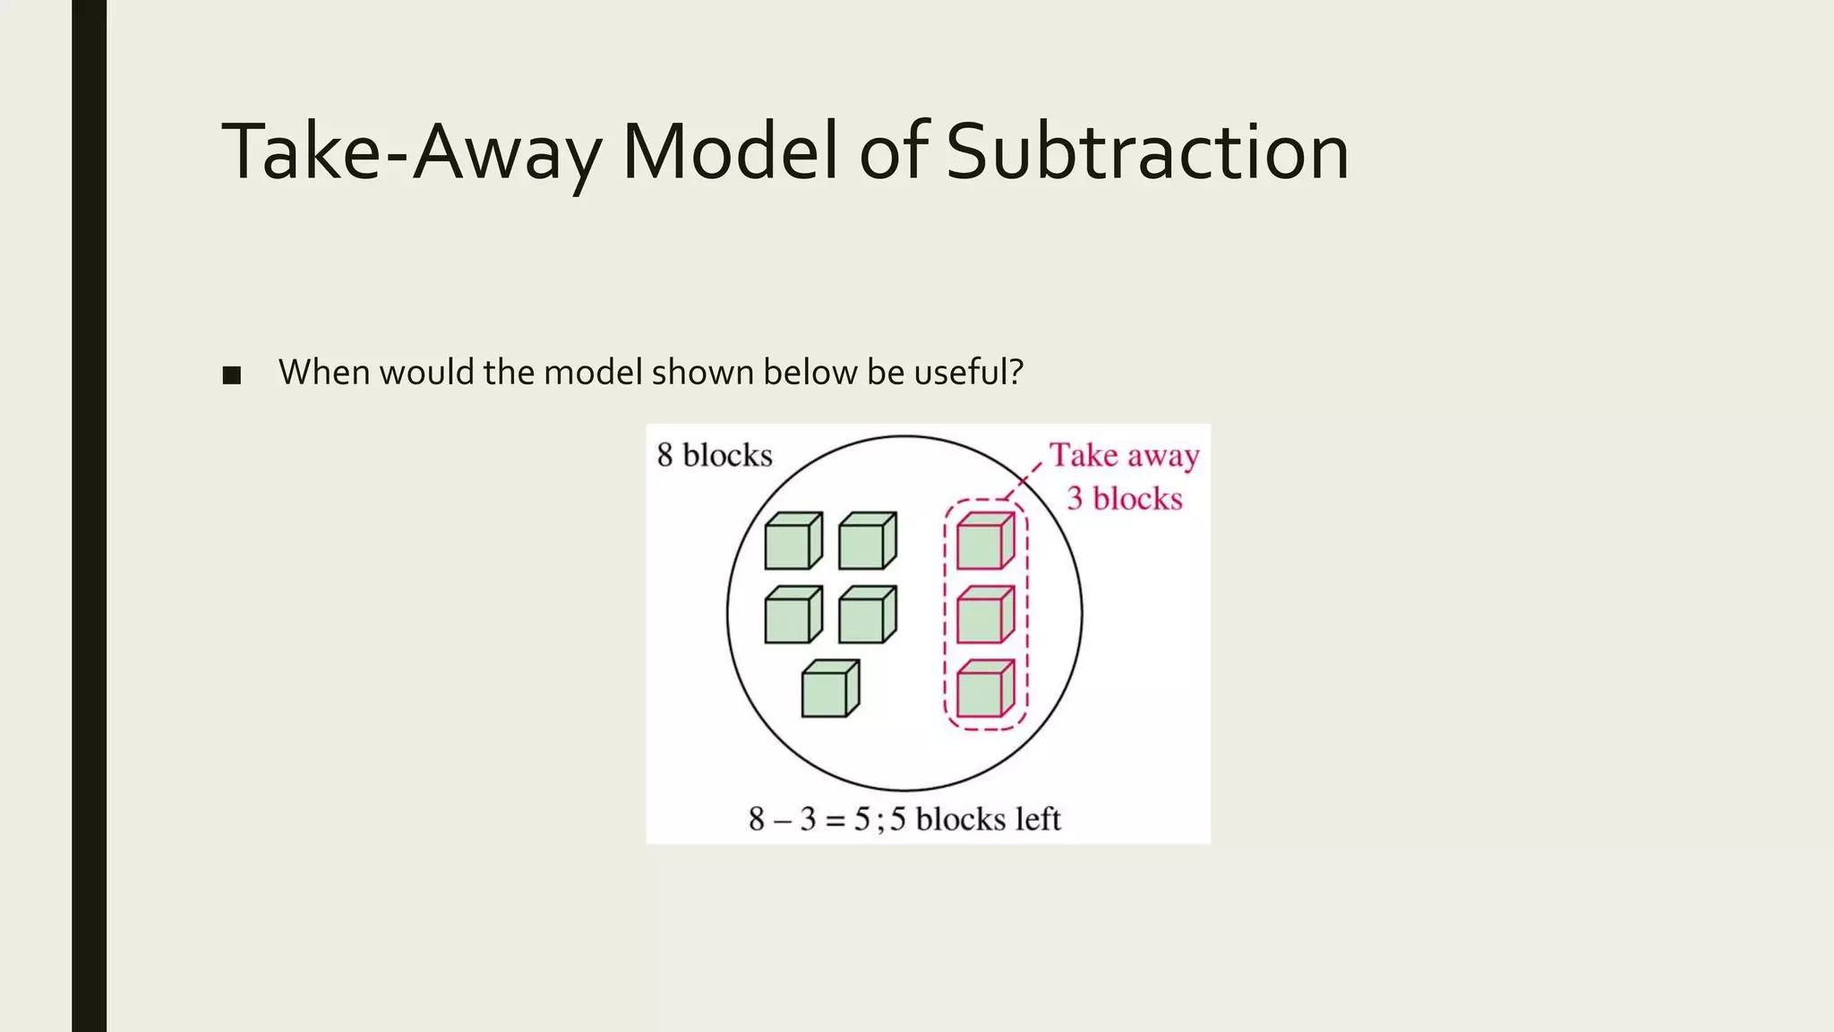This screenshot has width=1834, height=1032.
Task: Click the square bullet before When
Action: tap(232, 375)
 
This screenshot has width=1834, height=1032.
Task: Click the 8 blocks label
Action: tap(714, 455)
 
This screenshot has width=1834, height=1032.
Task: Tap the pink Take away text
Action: tap(1124, 456)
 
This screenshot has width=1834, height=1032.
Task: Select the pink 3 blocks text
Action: tap(1124, 498)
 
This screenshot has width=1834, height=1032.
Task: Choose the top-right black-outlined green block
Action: tap(866, 541)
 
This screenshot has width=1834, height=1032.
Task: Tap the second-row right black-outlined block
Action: tap(866, 615)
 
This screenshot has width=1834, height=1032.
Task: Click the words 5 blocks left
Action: tap(975, 819)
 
